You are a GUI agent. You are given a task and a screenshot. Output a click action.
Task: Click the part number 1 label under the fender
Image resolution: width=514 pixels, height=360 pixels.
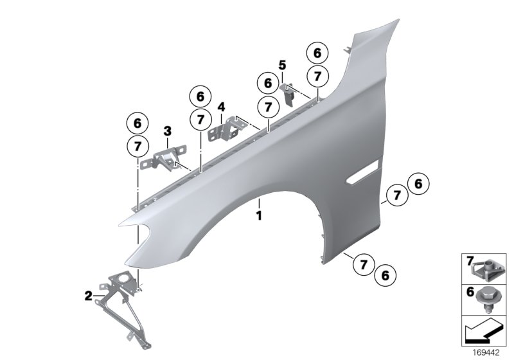pyautogui.click(x=259, y=216)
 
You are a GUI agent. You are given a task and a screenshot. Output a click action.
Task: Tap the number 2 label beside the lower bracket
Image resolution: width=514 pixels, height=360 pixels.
pyautogui.click(x=88, y=296)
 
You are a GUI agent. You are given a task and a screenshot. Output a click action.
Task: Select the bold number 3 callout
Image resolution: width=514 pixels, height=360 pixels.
pyautogui.click(x=167, y=131)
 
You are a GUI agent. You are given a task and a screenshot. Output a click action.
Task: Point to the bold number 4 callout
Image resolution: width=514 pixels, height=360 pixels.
pyautogui.click(x=221, y=107)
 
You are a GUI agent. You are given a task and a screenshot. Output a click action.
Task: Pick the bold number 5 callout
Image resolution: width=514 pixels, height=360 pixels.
pyautogui.click(x=281, y=65)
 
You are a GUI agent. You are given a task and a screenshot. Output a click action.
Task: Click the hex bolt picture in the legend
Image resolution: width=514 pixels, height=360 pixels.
pyautogui.click(x=488, y=298)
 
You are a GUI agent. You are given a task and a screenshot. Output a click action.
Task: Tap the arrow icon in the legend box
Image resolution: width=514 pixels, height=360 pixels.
pyautogui.click(x=482, y=334)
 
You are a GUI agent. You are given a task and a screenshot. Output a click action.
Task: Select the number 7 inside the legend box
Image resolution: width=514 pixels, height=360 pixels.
pyautogui.click(x=470, y=260)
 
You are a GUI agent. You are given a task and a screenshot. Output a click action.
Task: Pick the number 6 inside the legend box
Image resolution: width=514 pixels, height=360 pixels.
pyautogui.click(x=470, y=292)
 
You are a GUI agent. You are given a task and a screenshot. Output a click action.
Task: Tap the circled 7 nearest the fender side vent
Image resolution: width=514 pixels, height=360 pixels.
pyautogui.click(x=397, y=194)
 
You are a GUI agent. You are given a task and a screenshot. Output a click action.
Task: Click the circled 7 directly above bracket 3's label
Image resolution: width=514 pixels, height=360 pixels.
pyautogui.click(x=137, y=146)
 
